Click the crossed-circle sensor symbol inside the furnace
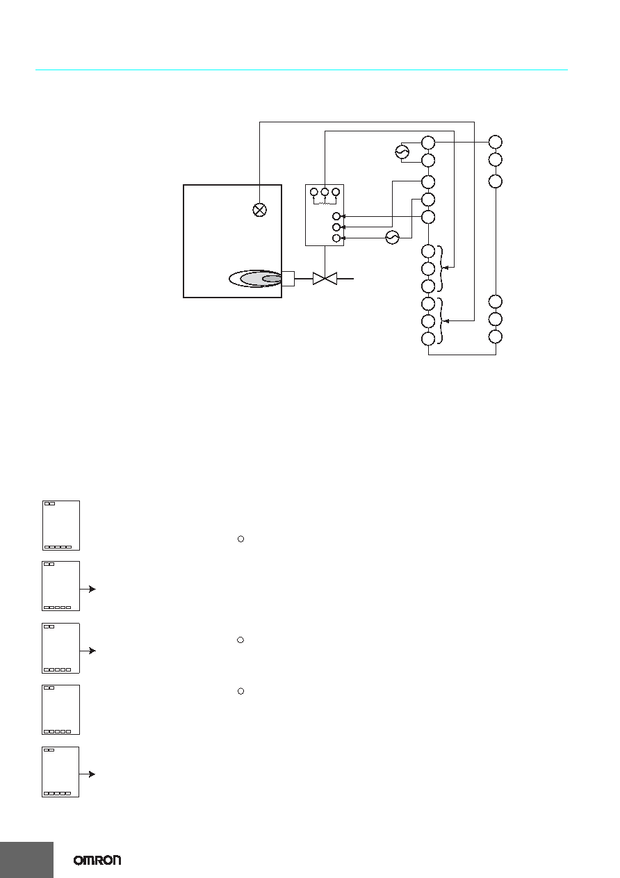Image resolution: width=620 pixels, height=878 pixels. click(x=259, y=210)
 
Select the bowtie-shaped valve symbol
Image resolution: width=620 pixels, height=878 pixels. click(x=325, y=279)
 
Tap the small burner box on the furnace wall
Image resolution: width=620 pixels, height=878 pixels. click(x=288, y=279)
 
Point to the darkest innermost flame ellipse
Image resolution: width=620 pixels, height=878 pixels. click(x=272, y=279)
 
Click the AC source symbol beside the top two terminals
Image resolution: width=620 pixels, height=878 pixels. click(x=402, y=152)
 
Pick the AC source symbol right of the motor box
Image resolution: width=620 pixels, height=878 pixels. click(x=392, y=238)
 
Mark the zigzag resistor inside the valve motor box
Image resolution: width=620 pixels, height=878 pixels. click(x=325, y=203)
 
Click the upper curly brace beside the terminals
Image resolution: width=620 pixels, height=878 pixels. click(x=441, y=268)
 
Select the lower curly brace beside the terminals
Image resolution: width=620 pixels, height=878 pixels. click(x=441, y=321)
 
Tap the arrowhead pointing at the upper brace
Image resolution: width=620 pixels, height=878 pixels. click(x=446, y=268)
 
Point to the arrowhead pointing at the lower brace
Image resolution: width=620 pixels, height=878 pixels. click(x=446, y=321)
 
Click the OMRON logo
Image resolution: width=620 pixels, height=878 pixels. click(x=97, y=861)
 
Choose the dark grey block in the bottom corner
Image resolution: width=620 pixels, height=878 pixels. click(x=26, y=859)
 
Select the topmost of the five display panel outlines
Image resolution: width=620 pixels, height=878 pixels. click(x=61, y=526)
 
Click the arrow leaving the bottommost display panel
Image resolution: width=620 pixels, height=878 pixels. click(x=88, y=774)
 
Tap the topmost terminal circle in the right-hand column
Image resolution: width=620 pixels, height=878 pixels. click(x=496, y=142)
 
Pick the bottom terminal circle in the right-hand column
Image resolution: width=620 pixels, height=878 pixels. click(x=496, y=336)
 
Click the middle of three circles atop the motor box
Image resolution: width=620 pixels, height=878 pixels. click(x=325, y=192)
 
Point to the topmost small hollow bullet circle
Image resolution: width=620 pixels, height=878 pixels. click(x=241, y=539)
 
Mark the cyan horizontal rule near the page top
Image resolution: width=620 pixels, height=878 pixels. click(x=302, y=70)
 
